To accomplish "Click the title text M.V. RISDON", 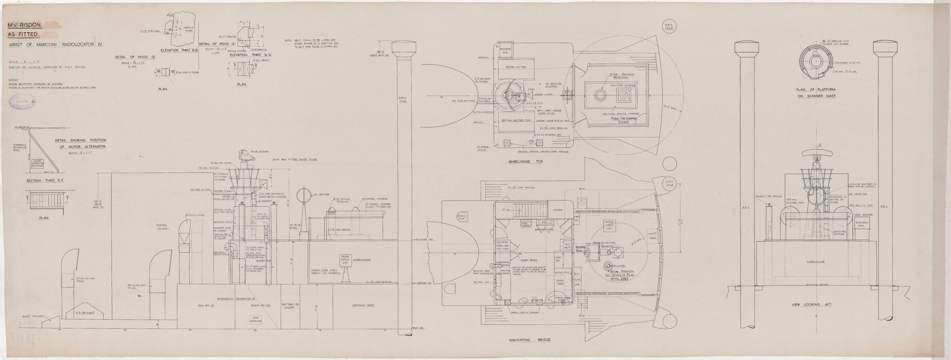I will (21, 25).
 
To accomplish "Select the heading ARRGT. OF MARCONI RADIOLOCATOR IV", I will (56, 46).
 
